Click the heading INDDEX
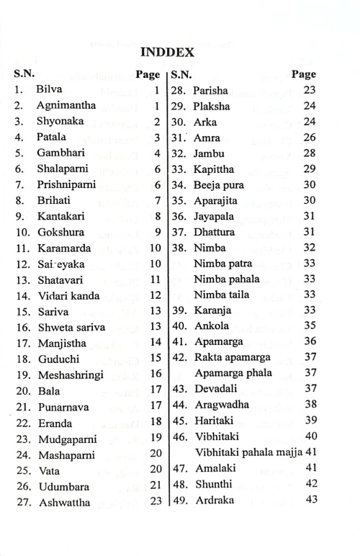point(179,53)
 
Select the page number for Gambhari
point(156,153)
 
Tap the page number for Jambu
point(310,153)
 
